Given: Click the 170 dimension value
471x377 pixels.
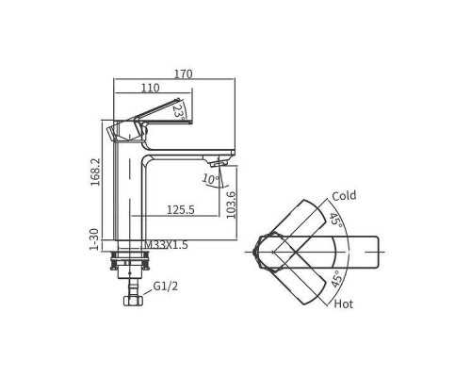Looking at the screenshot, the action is [183, 74].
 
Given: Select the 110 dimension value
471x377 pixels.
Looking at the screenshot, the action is [150, 88].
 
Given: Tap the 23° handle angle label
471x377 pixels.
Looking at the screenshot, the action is [178, 112].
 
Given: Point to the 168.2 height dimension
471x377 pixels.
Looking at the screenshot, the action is [95, 172].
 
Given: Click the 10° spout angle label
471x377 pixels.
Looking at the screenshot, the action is [211, 179].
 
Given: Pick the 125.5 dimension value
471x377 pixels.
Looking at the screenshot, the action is [181, 209].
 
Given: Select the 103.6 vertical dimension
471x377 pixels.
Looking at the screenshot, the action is [231, 205].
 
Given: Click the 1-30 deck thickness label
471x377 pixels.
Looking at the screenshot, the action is [94, 239].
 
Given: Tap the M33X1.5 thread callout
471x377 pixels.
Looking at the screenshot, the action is [166, 244].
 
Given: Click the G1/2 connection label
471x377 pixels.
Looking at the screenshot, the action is [166, 287].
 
